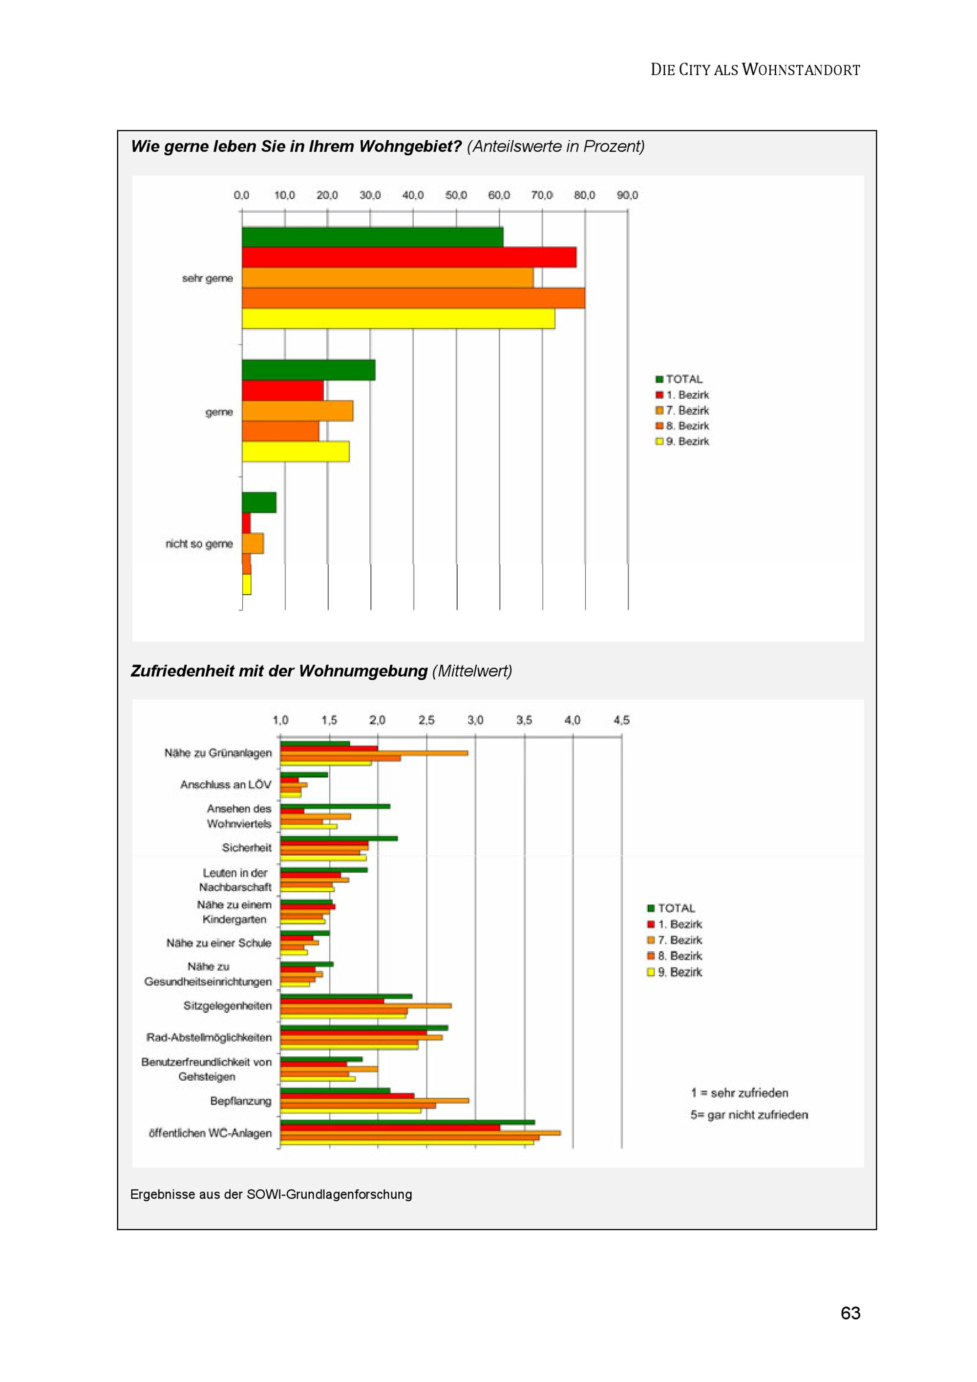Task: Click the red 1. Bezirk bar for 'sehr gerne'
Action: coord(409,257)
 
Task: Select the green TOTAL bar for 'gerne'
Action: coord(308,370)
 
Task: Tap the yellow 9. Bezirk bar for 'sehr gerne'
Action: coord(398,318)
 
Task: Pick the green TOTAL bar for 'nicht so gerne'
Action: coord(259,503)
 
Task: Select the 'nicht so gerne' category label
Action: coord(199,544)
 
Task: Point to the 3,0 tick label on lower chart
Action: coord(475,720)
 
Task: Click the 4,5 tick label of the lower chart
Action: coord(621,720)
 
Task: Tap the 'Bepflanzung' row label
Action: coord(240,1101)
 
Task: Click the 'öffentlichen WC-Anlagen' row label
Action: coord(210,1133)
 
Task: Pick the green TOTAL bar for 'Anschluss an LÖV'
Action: coord(304,775)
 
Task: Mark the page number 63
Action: coord(850,1313)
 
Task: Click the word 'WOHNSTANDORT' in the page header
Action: coord(801,70)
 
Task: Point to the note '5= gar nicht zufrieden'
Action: coord(749,1115)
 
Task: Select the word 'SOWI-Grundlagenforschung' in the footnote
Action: coord(329,1194)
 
